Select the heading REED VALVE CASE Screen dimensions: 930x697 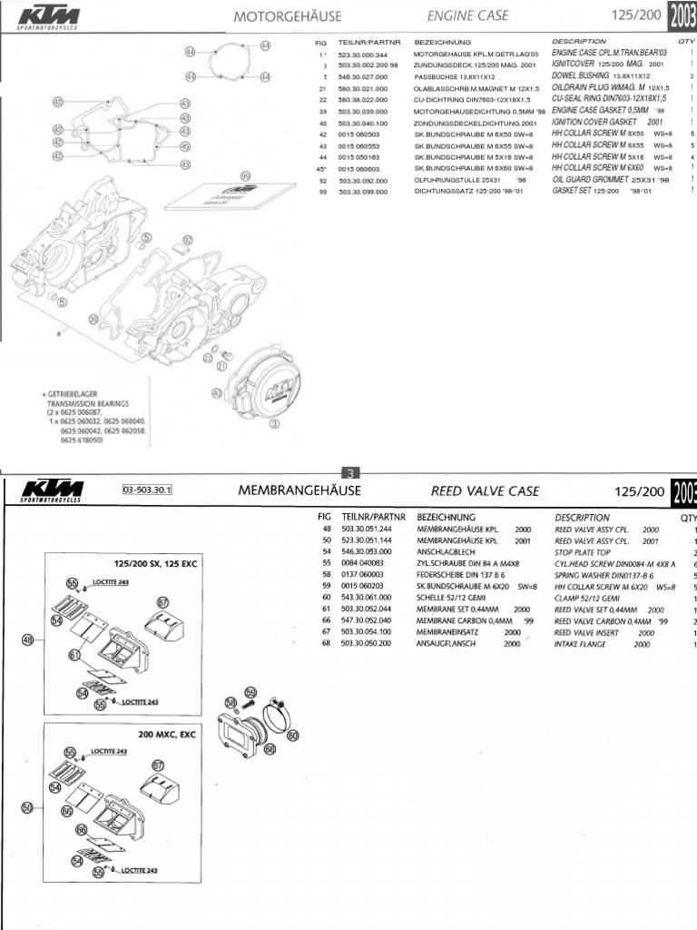tap(485, 490)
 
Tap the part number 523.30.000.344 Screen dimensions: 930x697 tap(363, 54)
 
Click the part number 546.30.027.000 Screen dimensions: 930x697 tap(363, 78)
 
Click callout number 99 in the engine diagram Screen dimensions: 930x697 tap(244, 175)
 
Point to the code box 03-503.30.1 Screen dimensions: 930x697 tap(146, 491)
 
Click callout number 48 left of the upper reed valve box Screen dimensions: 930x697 tap(27, 640)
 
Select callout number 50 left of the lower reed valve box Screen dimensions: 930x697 tap(27, 806)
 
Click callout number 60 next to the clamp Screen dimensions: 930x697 tap(292, 737)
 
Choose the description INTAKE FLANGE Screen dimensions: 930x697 tap(590, 644)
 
